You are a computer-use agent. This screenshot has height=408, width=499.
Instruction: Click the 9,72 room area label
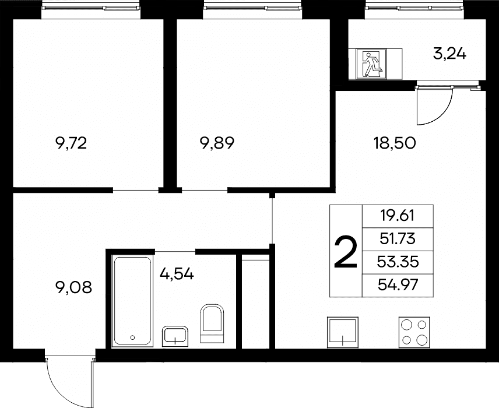click(x=71, y=143)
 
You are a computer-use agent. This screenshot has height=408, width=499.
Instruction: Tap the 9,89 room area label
click(x=217, y=143)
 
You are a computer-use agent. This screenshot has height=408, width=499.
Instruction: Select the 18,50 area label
click(x=395, y=143)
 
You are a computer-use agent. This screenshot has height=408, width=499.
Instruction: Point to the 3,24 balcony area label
click(x=449, y=54)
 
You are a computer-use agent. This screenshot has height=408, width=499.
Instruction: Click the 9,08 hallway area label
click(x=73, y=287)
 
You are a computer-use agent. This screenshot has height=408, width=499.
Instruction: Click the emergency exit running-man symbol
click(x=371, y=64)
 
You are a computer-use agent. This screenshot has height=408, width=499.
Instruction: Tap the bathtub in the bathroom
click(x=132, y=301)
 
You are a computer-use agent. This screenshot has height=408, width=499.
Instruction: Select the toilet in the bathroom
click(x=212, y=323)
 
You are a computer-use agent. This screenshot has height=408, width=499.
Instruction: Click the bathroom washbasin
click(x=175, y=336)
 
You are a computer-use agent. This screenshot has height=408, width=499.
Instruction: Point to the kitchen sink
click(x=343, y=332)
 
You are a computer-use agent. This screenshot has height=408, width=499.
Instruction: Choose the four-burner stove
click(x=414, y=332)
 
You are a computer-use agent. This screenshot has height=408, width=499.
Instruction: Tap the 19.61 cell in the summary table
click(x=398, y=216)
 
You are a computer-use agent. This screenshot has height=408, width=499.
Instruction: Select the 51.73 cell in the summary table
click(x=398, y=239)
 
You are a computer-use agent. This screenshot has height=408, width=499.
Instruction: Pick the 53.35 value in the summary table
click(x=398, y=262)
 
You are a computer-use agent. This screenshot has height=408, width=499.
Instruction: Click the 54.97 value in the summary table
click(x=398, y=285)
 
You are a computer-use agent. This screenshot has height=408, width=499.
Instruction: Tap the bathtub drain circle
click(x=133, y=337)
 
